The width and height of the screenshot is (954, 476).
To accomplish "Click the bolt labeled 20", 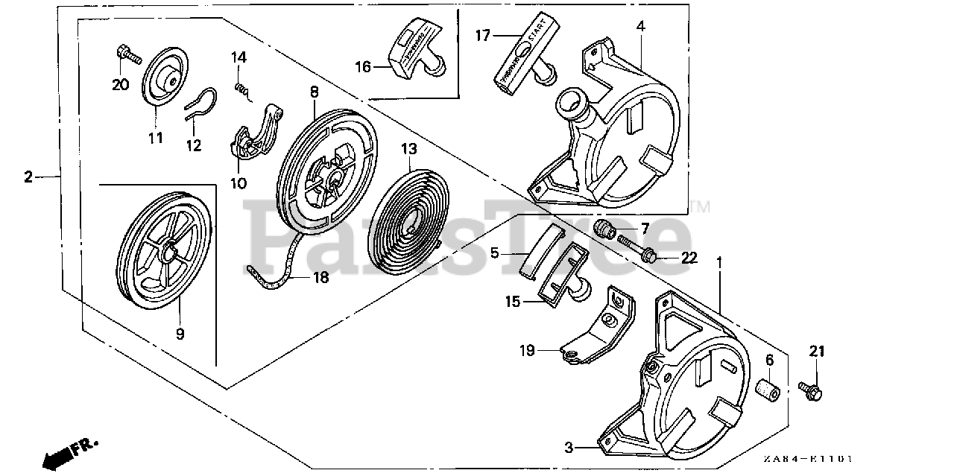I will [127, 54].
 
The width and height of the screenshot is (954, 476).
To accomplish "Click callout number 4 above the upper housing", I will [640, 27].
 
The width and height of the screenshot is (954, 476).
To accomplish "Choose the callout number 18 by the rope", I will [320, 278].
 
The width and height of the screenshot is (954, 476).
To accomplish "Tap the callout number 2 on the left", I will [28, 177].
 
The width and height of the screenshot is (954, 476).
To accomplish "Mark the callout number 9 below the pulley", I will [180, 334].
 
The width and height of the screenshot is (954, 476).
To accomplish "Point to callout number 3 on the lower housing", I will [569, 448].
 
